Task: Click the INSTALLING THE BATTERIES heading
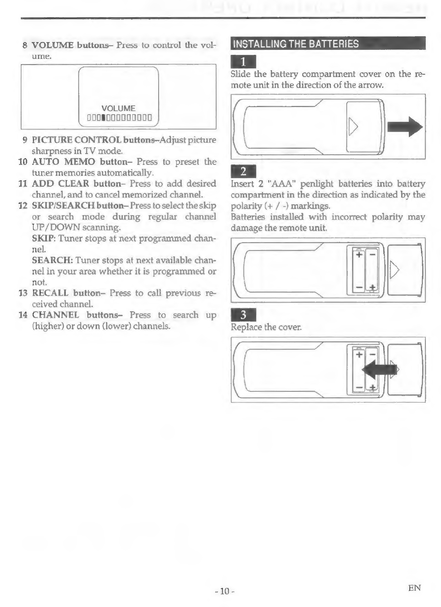click(296, 44)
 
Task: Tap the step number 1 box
click(243, 62)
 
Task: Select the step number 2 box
click(243, 171)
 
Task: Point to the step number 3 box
click(243, 315)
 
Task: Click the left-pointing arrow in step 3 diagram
click(378, 370)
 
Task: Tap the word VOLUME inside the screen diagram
click(118, 108)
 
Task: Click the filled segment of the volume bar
click(103, 119)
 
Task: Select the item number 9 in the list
click(25, 140)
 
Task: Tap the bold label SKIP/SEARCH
click(63, 206)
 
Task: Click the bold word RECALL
click(50, 293)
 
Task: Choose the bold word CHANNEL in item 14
click(55, 315)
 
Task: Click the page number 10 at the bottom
click(224, 591)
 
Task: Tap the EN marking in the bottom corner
click(414, 588)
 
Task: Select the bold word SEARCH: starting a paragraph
click(52, 260)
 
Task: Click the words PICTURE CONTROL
click(76, 140)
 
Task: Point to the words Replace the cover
click(266, 327)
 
